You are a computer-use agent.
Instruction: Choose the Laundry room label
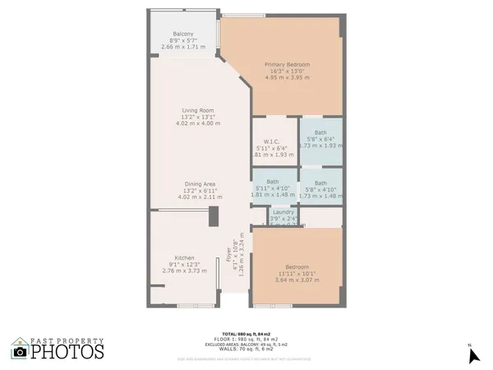coord(283,212)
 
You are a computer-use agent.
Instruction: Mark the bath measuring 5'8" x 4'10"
coord(320,183)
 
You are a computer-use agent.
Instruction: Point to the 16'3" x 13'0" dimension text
coord(286,71)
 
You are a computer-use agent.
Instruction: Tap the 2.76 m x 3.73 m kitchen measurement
coord(183,270)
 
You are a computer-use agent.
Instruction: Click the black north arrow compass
coord(472,355)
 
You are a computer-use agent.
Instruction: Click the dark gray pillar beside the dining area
coord(213,216)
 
